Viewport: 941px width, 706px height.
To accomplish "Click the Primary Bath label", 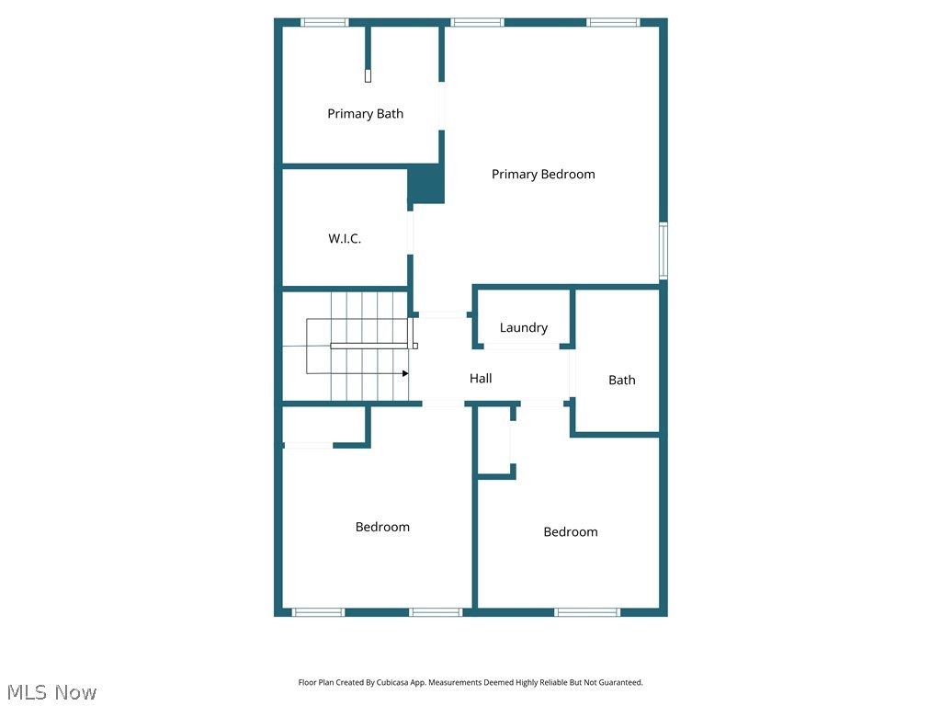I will coord(365,114).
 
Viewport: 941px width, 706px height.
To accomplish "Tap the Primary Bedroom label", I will coord(543,174).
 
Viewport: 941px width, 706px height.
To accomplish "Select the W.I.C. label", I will coord(345,239).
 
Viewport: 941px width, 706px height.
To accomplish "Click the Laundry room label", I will coord(524,327).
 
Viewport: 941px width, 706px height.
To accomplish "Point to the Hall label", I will coord(481,378).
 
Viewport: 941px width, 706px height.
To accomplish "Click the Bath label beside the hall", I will coord(622,380).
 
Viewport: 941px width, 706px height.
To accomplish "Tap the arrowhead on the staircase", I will coord(405,373).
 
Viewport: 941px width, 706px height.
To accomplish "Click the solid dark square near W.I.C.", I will coord(426,185).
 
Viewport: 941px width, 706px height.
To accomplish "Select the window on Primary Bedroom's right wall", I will coord(663,250).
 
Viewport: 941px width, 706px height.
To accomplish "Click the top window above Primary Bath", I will coord(325,22).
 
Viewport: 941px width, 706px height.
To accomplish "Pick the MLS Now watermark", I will coord(51,692).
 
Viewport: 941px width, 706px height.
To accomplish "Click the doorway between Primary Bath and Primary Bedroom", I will coord(442,106).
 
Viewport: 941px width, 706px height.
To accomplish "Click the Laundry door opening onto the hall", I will coord(521,347).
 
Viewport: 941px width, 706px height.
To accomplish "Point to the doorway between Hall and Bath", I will coord(571,373).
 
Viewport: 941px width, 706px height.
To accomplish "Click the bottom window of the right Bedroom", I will coord(587,611).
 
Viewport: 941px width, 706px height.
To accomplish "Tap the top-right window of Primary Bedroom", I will coord(614,22).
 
